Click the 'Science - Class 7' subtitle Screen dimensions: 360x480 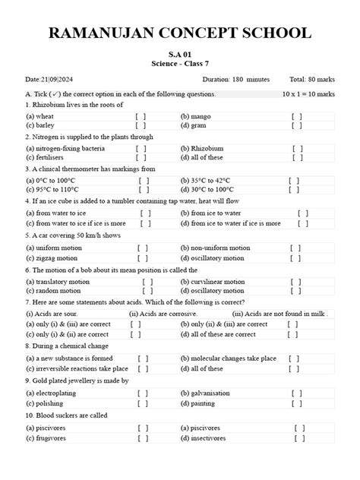(180, 67)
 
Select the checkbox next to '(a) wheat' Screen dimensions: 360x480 (141, 117)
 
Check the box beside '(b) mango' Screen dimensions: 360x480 (296, 117)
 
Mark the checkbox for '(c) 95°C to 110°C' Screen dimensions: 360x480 (144, 192)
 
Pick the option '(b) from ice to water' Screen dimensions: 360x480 (215, 214)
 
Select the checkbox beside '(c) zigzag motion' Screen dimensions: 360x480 (143, 258)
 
